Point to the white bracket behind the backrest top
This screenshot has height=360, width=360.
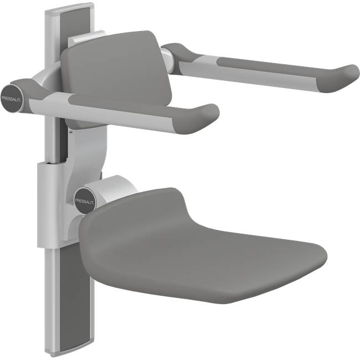[83, 39]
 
